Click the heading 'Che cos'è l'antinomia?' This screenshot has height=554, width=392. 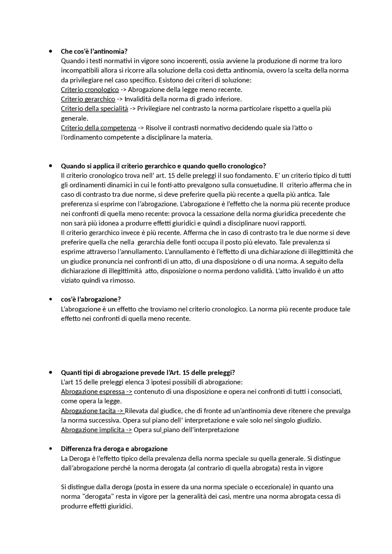click(94, 51)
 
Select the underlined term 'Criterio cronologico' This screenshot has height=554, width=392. click(90, 90)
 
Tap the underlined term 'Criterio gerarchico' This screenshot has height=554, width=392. click(88, 99)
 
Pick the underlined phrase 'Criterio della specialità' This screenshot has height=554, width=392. click(94, 109)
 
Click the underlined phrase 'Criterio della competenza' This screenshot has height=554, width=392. click(98, 128)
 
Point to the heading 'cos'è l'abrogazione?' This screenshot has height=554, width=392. click(91, 299)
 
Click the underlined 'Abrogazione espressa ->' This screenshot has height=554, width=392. click(96, 392)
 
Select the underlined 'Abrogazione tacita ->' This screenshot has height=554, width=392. click(92, 411)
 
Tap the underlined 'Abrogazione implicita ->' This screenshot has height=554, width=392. click(96, 430)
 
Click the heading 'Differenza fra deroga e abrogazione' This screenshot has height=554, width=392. click(114, 449)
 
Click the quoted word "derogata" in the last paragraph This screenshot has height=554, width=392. click(99, 496)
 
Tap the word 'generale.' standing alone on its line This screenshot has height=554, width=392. click(74, 118)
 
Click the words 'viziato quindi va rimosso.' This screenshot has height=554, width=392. click(98, 280)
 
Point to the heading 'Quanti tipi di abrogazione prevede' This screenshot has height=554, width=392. click(148, 373)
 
